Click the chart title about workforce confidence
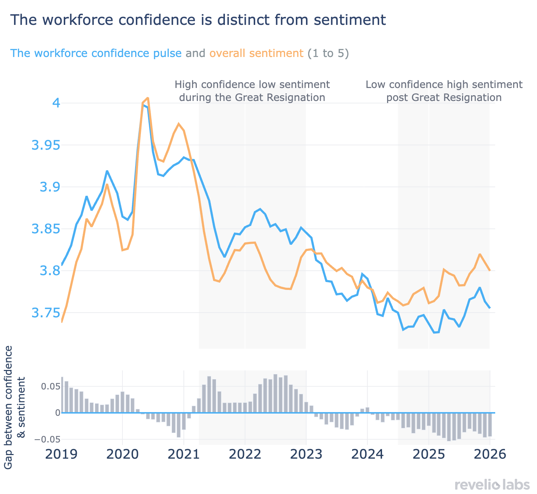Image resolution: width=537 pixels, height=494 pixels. tap(198, 20)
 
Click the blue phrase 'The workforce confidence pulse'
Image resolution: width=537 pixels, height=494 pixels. tap(96, 53)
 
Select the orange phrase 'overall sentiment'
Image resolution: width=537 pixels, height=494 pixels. tap(256, 53)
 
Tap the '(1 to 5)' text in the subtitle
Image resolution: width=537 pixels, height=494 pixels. tap(328, 53)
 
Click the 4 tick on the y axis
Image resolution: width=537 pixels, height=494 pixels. tap(56, 103)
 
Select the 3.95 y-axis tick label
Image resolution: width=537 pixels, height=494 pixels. tap(45, 145)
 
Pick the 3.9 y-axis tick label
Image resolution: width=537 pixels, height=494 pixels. tap(49, 187)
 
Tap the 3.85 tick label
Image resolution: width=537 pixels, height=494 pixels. tap(45, 229)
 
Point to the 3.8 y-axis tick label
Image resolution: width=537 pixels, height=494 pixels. tap(49, 271)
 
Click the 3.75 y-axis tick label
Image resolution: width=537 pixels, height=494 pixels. tap(45, 313)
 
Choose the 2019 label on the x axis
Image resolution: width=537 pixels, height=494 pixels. tap(61, 454)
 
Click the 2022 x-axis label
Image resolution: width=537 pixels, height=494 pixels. tap(245, 454)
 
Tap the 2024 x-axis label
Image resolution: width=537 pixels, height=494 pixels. tap(367, 454)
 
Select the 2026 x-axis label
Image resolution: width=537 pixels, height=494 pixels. tap(490, 454)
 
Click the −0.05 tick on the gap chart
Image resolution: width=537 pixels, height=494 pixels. tap(46, 440)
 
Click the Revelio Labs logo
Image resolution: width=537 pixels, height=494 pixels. tap(492, 485)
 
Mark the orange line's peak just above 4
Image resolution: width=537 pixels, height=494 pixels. tap(148, 98)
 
